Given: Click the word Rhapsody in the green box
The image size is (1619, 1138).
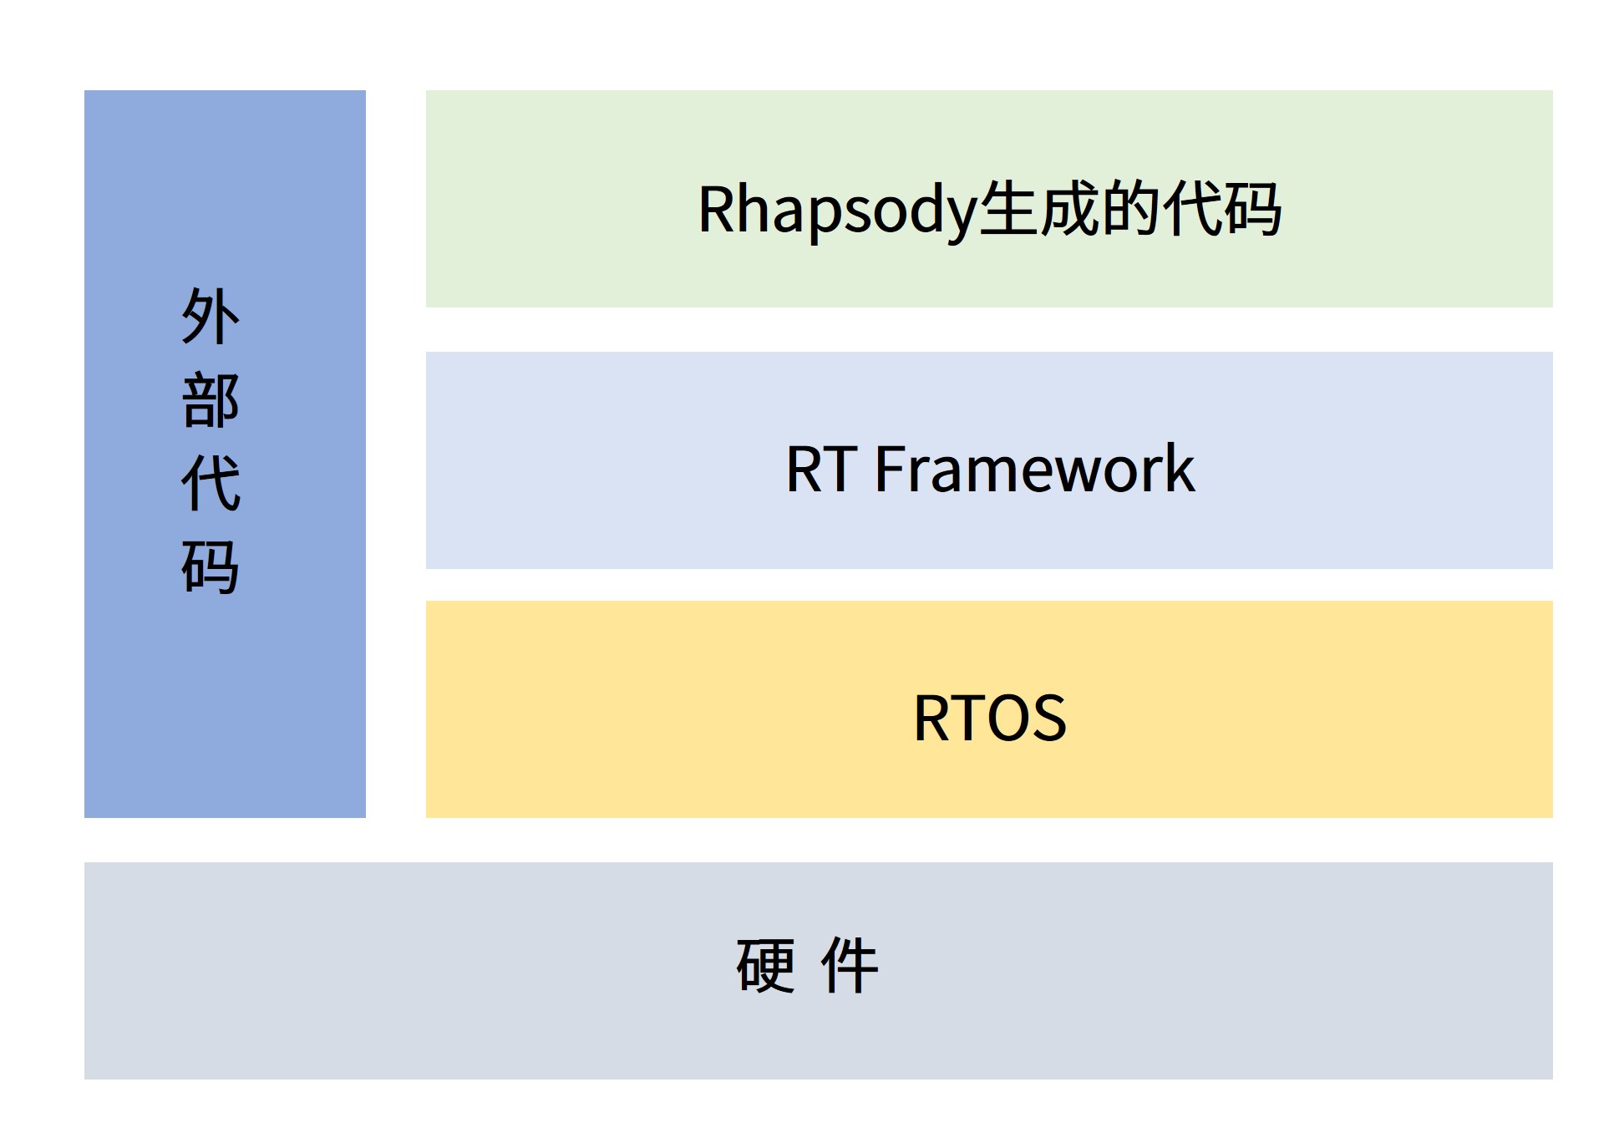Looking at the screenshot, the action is coord(837,211).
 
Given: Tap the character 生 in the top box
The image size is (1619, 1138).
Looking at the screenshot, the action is coord(1008,209).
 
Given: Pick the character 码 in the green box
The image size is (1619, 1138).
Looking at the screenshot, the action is coord(1251,209).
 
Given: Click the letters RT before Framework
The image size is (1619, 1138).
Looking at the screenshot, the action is coord(821,470).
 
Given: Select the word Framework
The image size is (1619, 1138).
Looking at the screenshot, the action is coord(1035,469).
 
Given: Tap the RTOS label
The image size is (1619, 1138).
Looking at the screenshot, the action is coord(990,717).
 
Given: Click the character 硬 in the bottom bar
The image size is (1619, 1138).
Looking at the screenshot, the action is coord(765,966).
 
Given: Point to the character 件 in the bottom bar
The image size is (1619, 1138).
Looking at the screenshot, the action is coord(850,966).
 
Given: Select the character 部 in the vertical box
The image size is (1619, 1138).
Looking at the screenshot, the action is coord(211,400).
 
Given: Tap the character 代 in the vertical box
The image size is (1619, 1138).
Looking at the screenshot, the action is coord(211,483).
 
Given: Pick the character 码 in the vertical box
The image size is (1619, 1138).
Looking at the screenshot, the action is coord(211,566).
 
